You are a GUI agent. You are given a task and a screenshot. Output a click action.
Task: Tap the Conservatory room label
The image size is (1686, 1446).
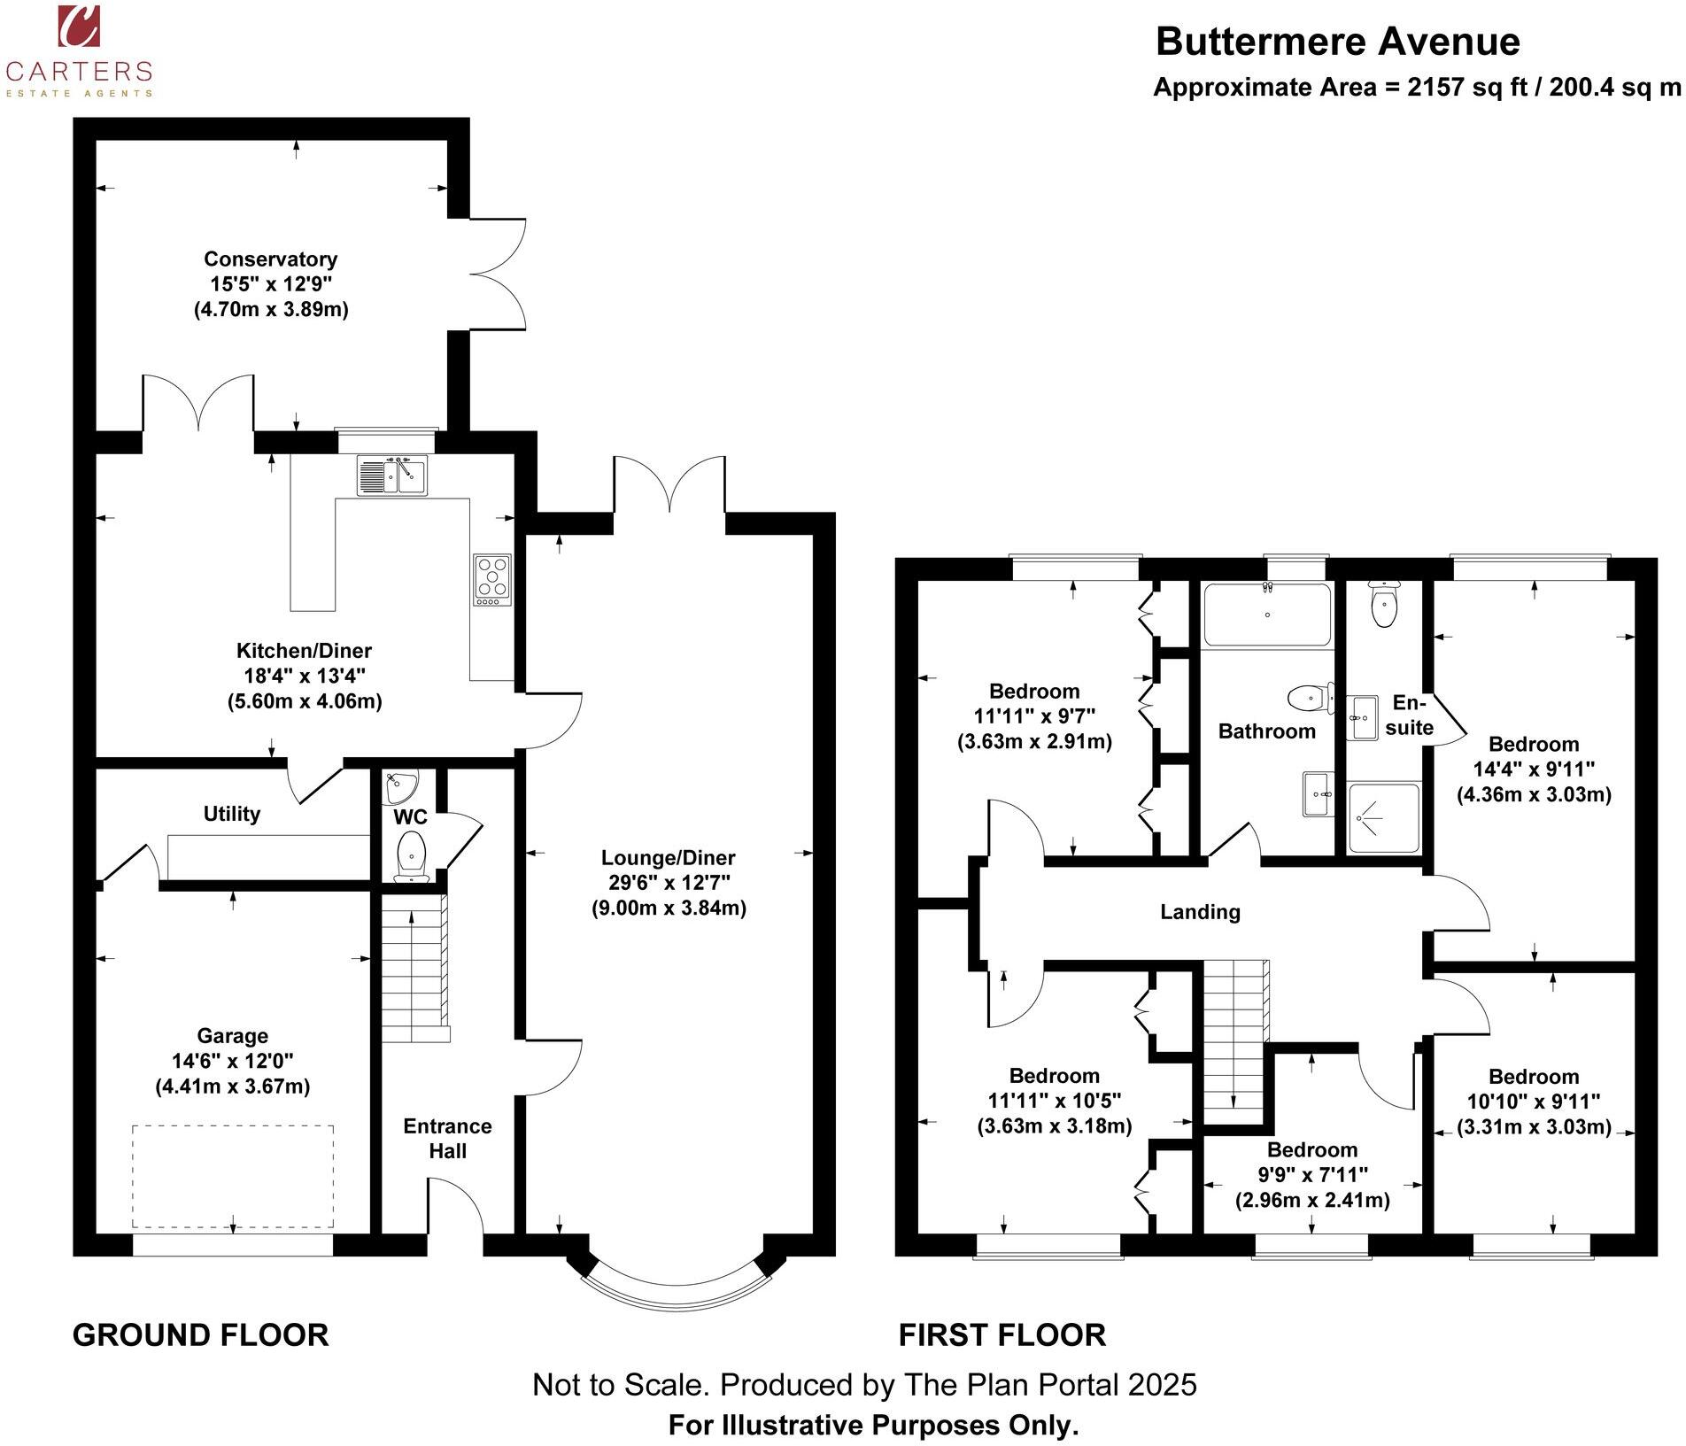click(270, 259)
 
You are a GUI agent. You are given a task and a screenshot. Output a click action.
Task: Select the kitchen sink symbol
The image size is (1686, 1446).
click(391, 476)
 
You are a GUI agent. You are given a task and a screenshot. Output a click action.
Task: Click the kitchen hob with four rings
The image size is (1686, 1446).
click(492, 580)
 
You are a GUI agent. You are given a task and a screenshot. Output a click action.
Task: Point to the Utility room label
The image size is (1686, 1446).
click(232, 814)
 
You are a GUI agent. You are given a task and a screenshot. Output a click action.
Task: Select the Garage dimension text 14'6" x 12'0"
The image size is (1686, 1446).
click(233, 1061)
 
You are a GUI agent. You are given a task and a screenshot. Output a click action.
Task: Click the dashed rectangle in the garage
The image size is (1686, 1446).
click(233, 1176)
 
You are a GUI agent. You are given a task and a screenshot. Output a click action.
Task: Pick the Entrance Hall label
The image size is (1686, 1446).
click(447, 1139)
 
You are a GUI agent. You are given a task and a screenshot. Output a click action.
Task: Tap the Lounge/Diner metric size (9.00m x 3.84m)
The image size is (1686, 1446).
click(669, 908)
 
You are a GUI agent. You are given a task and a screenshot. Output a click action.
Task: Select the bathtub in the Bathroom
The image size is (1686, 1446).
click(1266, 615)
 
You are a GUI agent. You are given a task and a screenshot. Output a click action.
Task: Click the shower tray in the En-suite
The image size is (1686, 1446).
click(1383, 817)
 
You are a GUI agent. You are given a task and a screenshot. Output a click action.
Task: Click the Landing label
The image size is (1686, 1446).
click(1200, 912)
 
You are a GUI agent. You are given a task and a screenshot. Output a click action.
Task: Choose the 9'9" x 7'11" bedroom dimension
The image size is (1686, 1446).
click(1312, 1175)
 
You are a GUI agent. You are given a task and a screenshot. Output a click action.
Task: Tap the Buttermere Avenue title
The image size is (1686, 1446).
click(1337, 42)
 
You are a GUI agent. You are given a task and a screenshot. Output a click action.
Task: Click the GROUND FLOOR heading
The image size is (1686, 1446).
click(200, 1334)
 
